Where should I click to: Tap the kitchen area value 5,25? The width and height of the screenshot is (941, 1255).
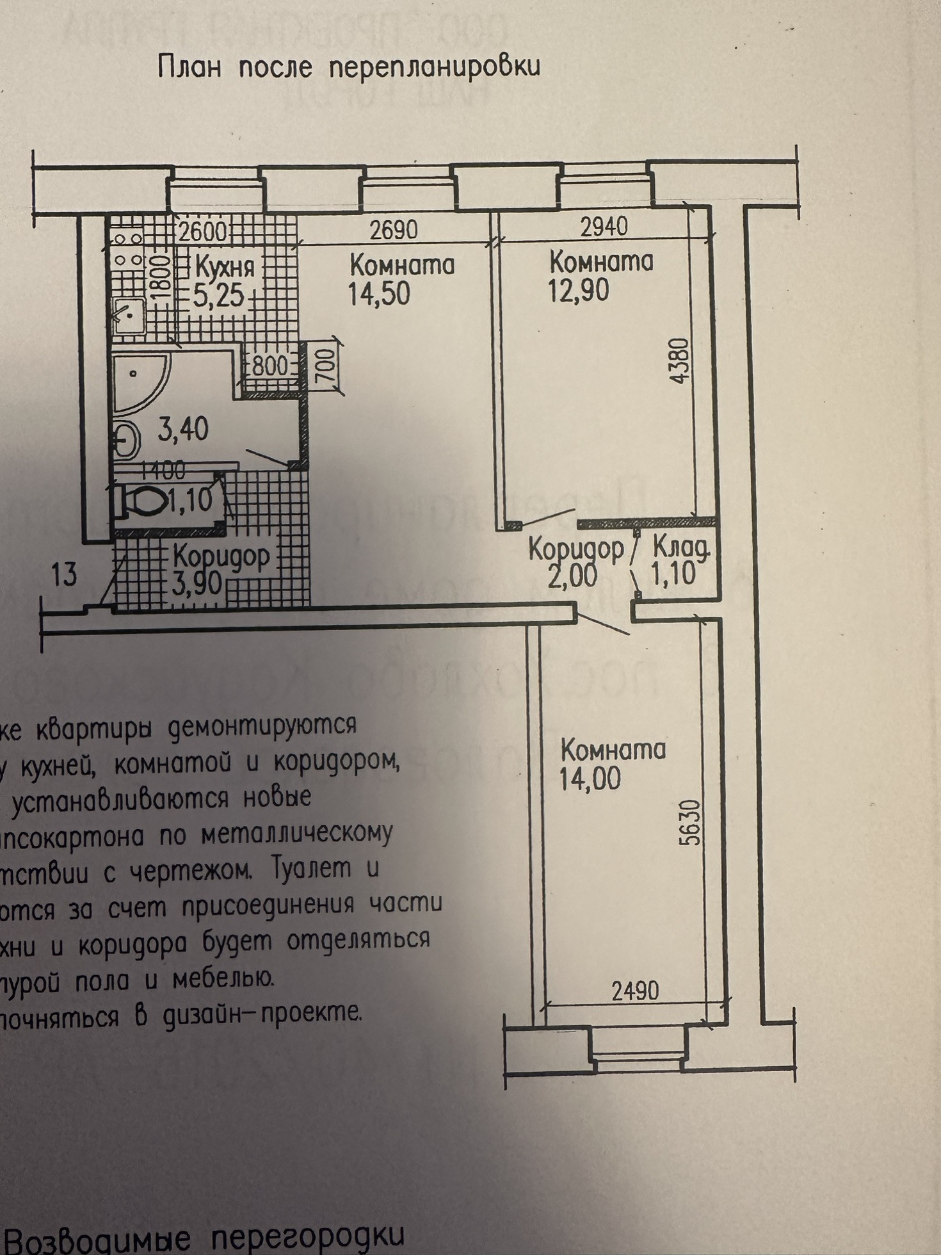tap(220, 296)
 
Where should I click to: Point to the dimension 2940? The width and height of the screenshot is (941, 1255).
tap(604, 225)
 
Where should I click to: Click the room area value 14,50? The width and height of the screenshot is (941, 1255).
tap(379, 294)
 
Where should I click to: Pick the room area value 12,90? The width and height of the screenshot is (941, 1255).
tap(579, 291)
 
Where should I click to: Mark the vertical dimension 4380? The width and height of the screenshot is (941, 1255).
tap(681, 360)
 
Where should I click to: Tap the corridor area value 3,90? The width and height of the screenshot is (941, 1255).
tap(197, 583)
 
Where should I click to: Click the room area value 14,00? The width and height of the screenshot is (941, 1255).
tap(590, 779)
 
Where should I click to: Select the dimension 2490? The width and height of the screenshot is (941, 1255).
tap(634, 991)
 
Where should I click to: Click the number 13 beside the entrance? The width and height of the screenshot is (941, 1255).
tap(64, 574)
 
